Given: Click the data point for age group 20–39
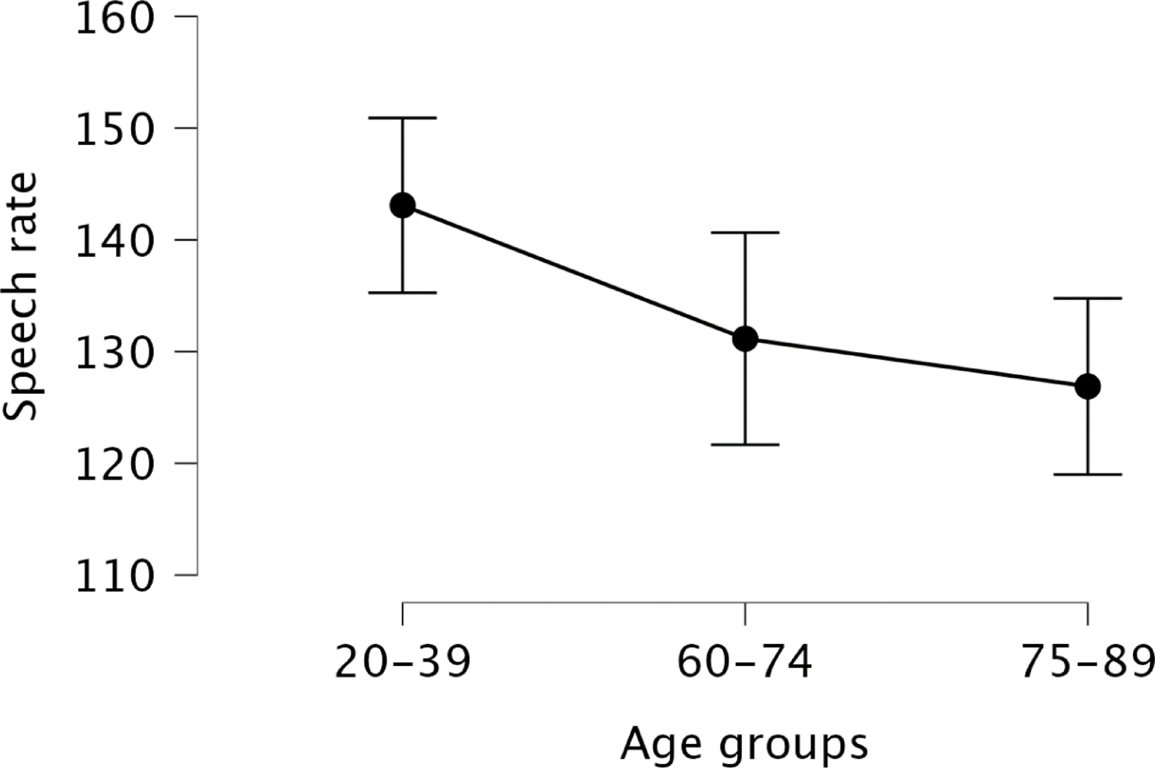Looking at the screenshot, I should pos(403,206).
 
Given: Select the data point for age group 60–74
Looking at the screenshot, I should pos(745,339).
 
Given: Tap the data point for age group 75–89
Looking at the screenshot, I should pos(1087,387).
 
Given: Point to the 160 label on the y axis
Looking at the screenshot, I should pos(115,19).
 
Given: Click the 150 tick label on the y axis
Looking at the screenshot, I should pos(115,129).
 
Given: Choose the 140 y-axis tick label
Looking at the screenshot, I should pos(115,241).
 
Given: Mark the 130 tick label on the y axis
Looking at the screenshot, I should pos(115,353).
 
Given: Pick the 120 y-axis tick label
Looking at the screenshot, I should pos(115,465).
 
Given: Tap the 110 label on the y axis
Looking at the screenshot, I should pos(115,576).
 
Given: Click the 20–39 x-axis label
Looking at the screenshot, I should pos(403,663).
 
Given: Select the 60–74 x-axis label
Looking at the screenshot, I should pos(745,663).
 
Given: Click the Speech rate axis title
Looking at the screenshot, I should pos(21,296).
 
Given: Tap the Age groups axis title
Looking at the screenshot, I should pos(744,745).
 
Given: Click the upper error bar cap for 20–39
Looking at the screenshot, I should pos(403,118).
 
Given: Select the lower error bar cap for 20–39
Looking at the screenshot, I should pos(403,292).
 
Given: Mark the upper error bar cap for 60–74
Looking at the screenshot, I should pos(745,232).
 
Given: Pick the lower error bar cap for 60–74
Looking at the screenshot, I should pos(745,444).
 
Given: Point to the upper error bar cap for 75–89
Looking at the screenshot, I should pos(1087,298).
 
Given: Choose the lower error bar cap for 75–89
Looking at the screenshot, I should pos(1087,474).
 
